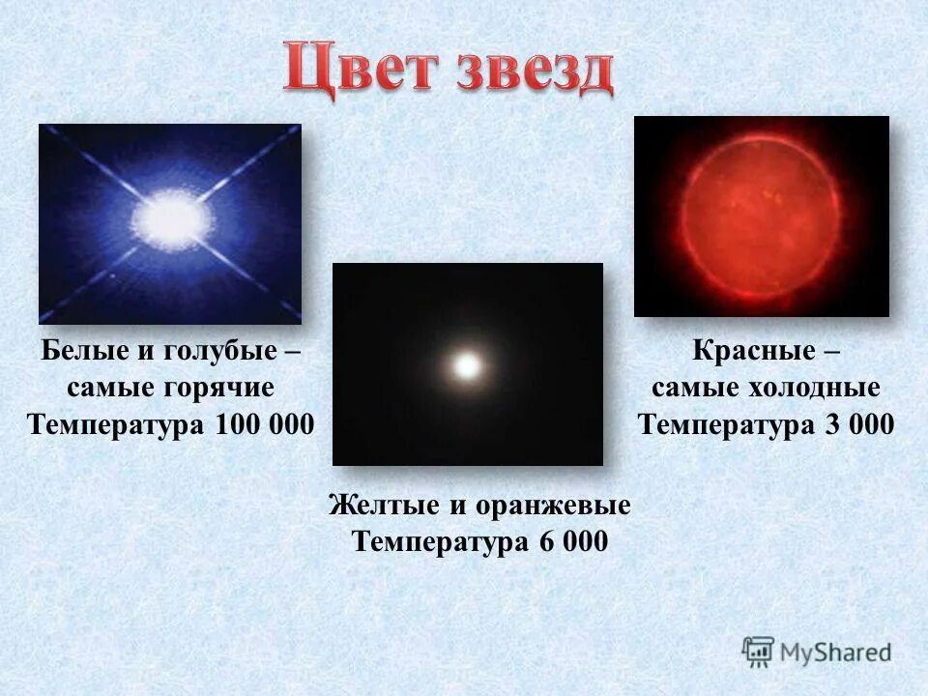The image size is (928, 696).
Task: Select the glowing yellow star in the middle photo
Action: pos(468,365)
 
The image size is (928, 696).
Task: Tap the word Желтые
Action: pos(383,505)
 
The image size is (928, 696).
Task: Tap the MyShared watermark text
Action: pos(837,652)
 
